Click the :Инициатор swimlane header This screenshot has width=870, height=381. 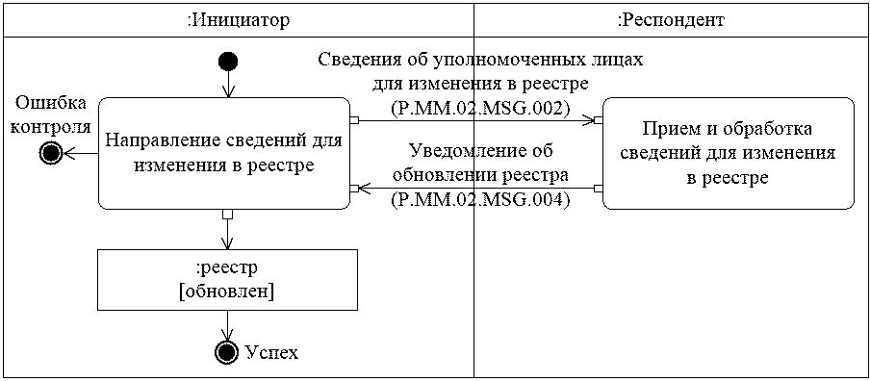[238, 19]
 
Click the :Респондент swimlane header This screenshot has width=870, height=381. [670, 19]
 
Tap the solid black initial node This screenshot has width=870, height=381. [228, 63]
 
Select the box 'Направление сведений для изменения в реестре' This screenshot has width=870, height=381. [222, 153]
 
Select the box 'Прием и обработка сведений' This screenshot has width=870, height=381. [729, 153]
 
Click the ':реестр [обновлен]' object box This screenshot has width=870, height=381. [227, 279]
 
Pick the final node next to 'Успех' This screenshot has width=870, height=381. [226, 352]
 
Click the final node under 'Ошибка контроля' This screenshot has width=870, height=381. [50, 152]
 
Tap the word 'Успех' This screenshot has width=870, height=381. [271, 353]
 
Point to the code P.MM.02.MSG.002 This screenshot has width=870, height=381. [480, 106]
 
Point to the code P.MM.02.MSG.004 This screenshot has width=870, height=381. [480, 200]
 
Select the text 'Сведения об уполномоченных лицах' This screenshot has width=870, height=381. [480, 60]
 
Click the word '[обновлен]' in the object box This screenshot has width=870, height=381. [227, 292]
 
